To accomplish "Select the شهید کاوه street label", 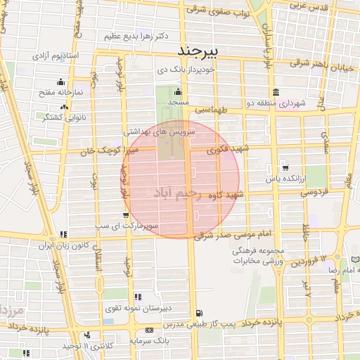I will click(230, 195).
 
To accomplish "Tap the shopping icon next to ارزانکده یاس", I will click(285, 167).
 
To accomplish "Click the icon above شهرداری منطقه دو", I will click(274, 93).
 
